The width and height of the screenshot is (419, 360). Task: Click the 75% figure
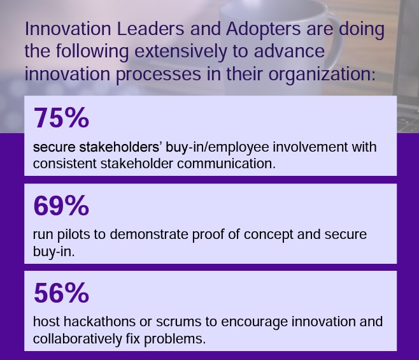pos(61,118)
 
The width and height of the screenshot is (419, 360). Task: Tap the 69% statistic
pos(61,205)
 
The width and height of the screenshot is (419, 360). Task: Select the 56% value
pos(61,293)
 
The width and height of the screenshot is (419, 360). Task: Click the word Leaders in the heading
pos(150,29)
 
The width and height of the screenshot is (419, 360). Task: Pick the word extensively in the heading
pos(181,51)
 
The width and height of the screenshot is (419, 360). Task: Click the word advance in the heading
pos(289,51)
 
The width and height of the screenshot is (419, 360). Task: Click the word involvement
pos(310,147)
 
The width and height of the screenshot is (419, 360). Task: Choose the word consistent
pos(65,164)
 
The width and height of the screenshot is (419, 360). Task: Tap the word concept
pos(268,235)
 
